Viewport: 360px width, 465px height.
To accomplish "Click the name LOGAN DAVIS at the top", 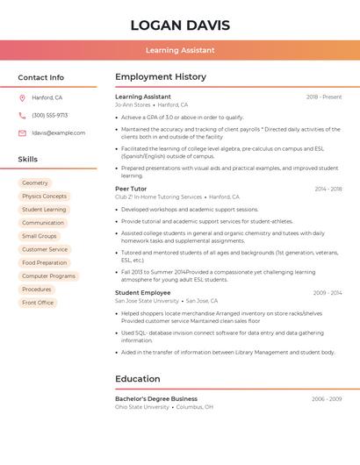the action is (x=180, y=25).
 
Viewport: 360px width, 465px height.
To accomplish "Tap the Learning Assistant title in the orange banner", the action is (x=180, y=50).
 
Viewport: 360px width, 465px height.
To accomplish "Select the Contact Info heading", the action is (x=41, y=77).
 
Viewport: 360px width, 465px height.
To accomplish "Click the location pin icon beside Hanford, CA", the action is (x=22, y=97).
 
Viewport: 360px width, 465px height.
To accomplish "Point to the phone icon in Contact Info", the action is (x=22, y=115).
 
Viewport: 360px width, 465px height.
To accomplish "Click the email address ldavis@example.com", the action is (x=59, y=132).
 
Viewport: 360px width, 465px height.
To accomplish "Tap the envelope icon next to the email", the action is (x=22, y=132).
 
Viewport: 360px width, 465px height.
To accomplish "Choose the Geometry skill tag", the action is (x=35, y=183).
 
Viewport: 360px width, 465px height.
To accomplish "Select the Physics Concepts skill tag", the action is (x=44, y=197).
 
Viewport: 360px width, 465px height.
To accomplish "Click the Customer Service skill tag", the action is (x=45, y=249).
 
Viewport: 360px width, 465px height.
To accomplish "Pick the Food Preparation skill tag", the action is (x=44, y=262).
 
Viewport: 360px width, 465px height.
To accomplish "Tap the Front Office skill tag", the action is (x=38, y=303).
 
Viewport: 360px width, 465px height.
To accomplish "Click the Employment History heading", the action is (x=161, y=77).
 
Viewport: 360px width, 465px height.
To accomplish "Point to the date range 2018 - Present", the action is (x=324, y=97).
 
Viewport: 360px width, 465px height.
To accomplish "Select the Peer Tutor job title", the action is (x=131, y=189).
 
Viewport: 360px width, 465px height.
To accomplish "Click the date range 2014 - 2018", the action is (x=328, y=189).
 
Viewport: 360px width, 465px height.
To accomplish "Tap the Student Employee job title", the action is (x=143, y=292).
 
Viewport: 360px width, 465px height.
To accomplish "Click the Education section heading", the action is (x=138, y=379).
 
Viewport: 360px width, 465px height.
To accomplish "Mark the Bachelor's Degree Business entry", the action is (x=156, y=398).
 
